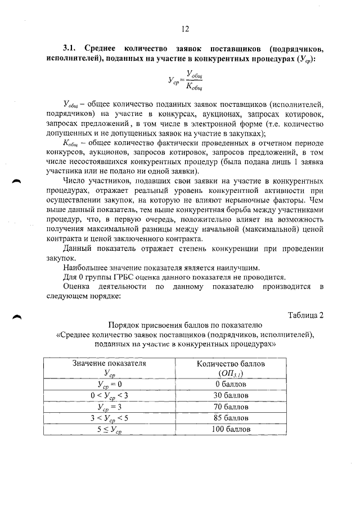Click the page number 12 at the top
(184, 30)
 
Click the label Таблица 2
(305, 315)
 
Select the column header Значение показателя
(109, 363)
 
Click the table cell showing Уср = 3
(109, 407)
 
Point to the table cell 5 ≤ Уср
(109, 430)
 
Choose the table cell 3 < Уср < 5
(109, 418)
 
